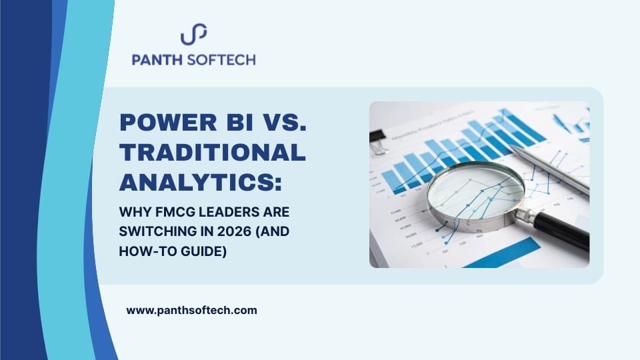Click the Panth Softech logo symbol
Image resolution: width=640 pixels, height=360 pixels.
(x=193, y=34)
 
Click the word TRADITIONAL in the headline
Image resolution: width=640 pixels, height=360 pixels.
(x=212, y=153)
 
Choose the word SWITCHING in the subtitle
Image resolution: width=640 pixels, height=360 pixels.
(x=154, y=234)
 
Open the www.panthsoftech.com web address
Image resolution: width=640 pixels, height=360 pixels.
(x=191, y=310)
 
